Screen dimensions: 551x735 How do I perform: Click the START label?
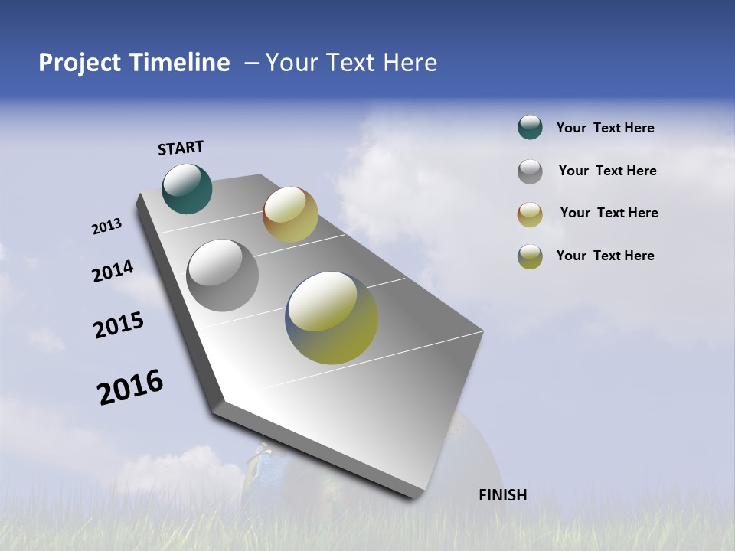click(x=181, y=148)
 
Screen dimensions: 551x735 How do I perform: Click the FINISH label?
click(x=502, y=495)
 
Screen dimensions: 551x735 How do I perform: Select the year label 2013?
click(x=106, y=227)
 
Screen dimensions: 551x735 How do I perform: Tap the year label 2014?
click(x=113, y=272)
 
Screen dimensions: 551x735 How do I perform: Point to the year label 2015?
click(x=119, y=324)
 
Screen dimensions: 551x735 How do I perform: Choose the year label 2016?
click(x=130, y=387)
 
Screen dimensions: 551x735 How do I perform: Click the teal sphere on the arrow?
click(x=187, y=188)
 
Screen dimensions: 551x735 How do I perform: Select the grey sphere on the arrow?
click(x=222, y=275)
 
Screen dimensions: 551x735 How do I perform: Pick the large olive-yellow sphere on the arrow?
click(x=332, y=318)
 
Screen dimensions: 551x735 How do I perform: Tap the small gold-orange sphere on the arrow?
click(x=290, y=214)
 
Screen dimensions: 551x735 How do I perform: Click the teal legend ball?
click(x=530, y=128)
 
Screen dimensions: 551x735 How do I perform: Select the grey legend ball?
click(x=530, y=171)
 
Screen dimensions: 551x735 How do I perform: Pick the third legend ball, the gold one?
click(x=530, y=214)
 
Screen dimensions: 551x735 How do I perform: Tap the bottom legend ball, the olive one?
click(x=530, y=256)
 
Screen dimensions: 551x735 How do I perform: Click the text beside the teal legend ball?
click(x=605, y=128)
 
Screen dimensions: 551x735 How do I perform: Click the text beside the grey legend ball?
click(x=607, y=171)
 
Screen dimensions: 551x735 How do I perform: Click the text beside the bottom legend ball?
click(x=605, y=256)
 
